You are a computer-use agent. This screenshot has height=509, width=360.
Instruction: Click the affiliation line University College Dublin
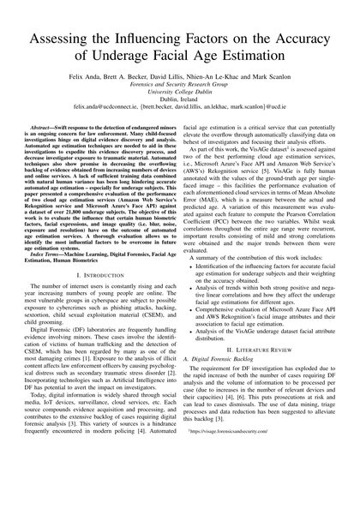179,95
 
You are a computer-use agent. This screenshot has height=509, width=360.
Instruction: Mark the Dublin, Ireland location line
179,104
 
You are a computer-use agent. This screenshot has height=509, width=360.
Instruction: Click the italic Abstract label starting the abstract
45,128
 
